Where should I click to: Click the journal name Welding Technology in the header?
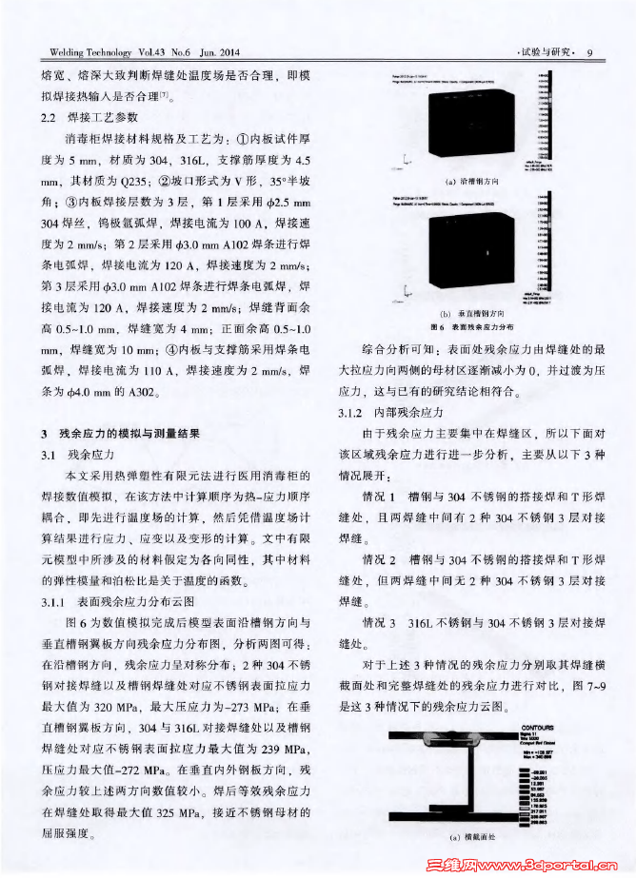(x=85, y=51)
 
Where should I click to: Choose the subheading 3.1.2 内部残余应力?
(x=380, y=415)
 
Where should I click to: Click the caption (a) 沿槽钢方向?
(x=466, y=181)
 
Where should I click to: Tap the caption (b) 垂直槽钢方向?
(x=466, y=313)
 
